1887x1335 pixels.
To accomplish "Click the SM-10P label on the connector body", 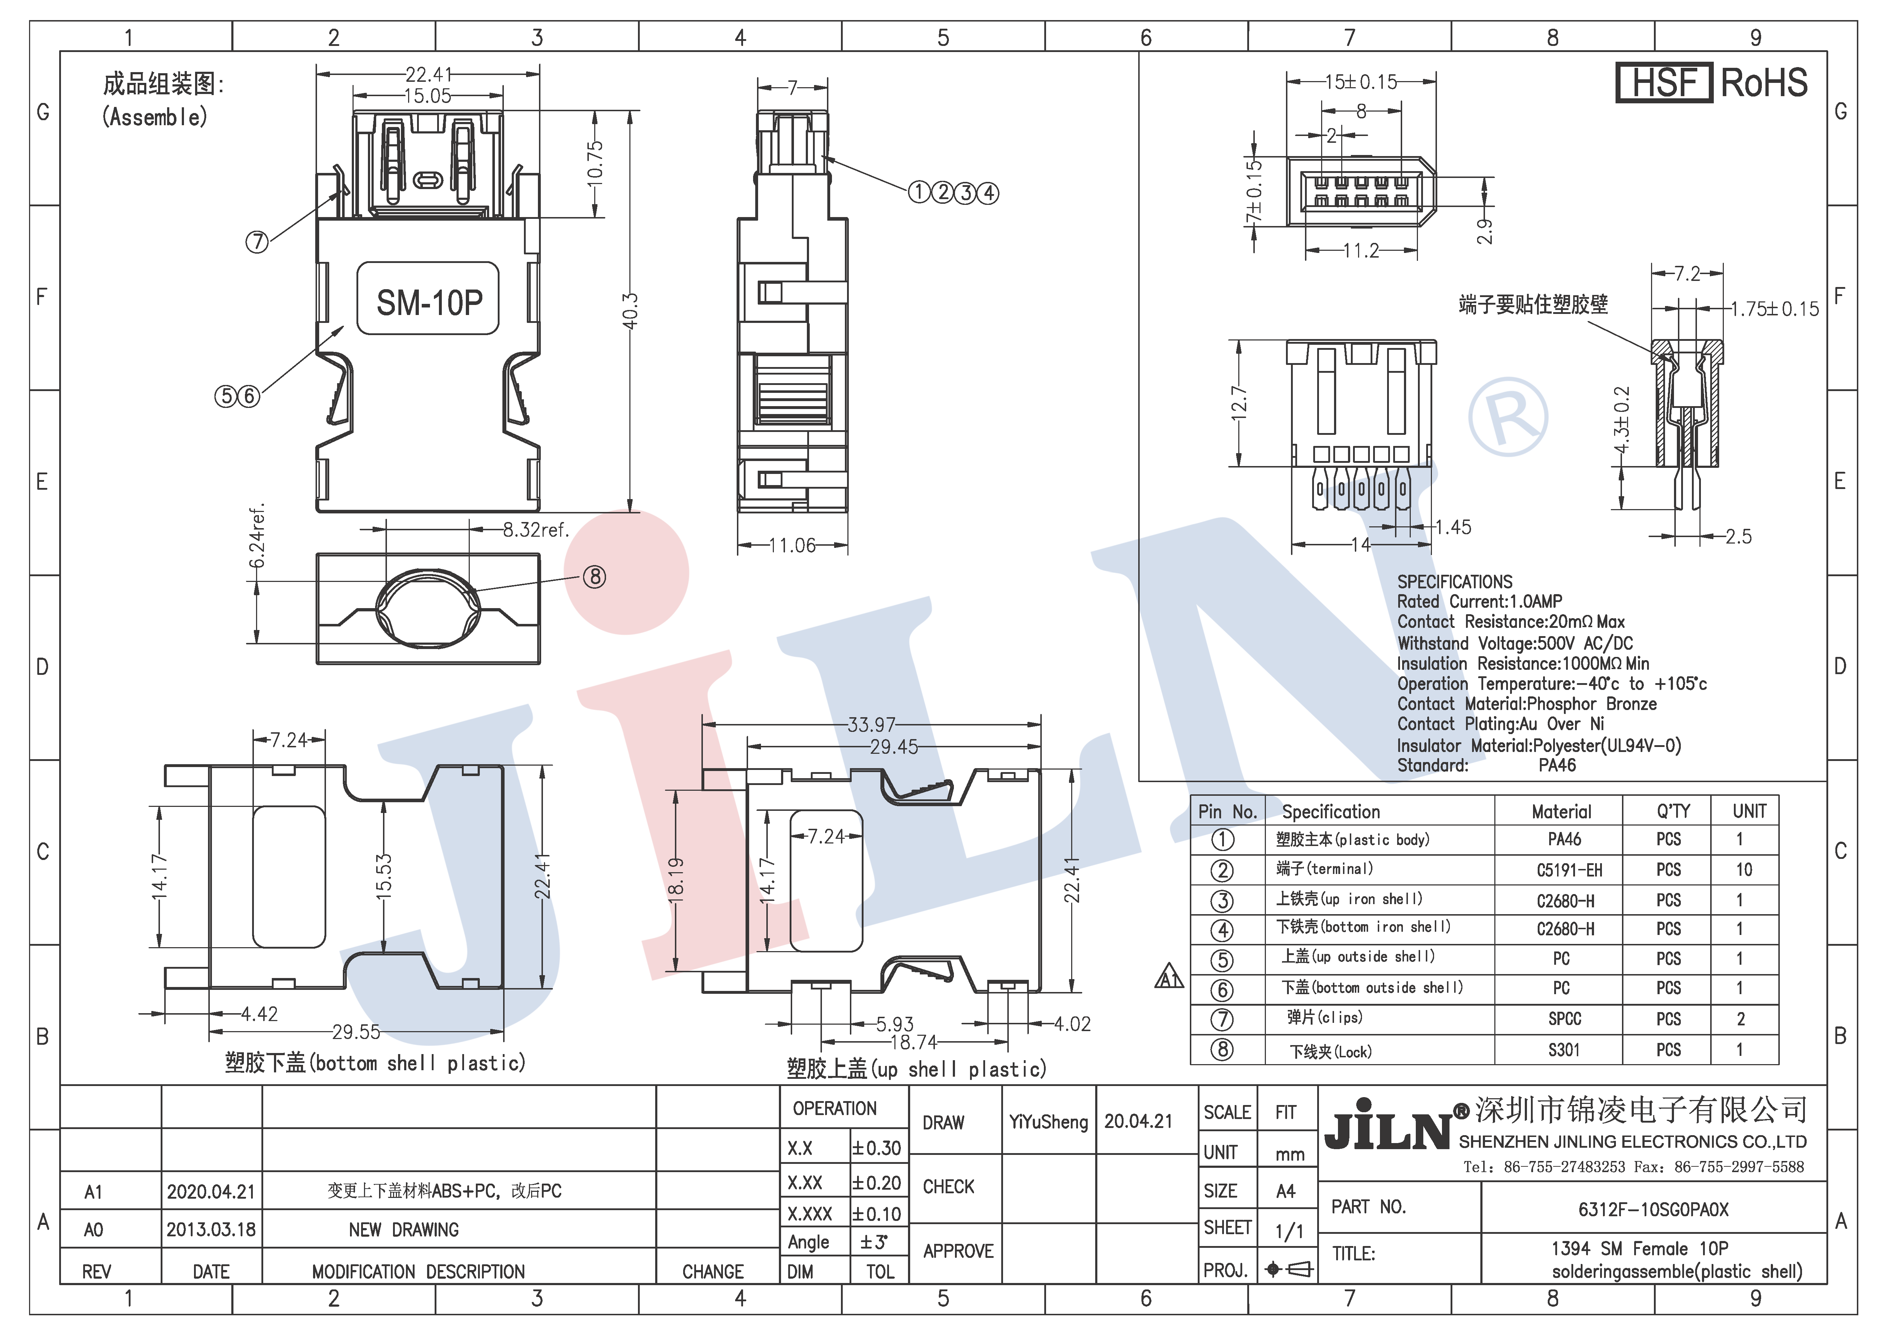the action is tap(429, 302).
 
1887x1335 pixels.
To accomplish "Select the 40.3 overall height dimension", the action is tap(630, 311).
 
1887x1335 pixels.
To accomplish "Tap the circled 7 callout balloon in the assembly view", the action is tap(257, 242).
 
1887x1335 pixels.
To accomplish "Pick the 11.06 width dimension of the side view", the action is tap(792, 545).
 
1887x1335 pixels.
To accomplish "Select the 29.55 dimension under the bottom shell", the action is tap(356, 1032).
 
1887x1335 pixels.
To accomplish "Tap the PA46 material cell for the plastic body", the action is tap(1564, 839).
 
